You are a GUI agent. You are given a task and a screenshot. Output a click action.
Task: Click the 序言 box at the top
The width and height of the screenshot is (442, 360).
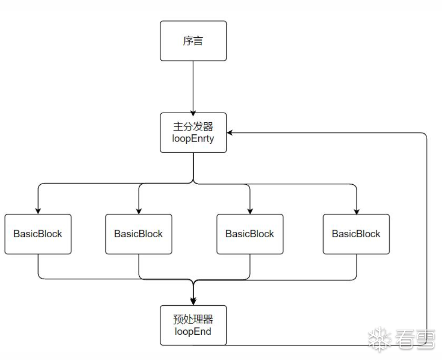193,41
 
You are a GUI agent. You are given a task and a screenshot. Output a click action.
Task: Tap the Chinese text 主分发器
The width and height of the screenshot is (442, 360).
193,126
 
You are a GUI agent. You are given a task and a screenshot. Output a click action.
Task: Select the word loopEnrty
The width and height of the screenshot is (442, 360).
193,138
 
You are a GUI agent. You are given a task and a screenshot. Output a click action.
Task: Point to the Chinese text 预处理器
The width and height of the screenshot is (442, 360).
193,320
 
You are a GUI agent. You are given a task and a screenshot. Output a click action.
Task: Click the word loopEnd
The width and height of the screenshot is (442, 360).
193,332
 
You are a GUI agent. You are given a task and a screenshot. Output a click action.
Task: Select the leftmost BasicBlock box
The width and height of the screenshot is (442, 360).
38,234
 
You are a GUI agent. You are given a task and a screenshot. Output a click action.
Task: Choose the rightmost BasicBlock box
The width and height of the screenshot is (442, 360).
356,234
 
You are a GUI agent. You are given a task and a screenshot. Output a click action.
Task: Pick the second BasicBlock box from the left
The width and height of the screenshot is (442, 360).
138,234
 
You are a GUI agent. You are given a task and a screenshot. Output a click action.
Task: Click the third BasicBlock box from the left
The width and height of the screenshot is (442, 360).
250,234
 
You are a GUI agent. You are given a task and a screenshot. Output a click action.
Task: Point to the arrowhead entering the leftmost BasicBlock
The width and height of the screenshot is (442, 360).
38,211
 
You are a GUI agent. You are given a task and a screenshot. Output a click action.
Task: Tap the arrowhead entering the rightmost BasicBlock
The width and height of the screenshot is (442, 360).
356,211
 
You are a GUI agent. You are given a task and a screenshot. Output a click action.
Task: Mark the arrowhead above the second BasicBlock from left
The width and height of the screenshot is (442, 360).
138,211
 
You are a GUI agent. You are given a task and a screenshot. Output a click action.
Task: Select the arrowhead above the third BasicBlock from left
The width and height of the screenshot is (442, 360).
250,211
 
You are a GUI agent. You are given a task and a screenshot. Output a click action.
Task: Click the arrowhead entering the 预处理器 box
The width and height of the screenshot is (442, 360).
193,302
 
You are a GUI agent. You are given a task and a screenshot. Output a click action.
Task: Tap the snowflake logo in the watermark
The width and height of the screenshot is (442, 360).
379,338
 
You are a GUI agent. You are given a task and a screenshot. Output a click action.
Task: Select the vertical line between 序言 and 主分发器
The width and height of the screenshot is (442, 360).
193,85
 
